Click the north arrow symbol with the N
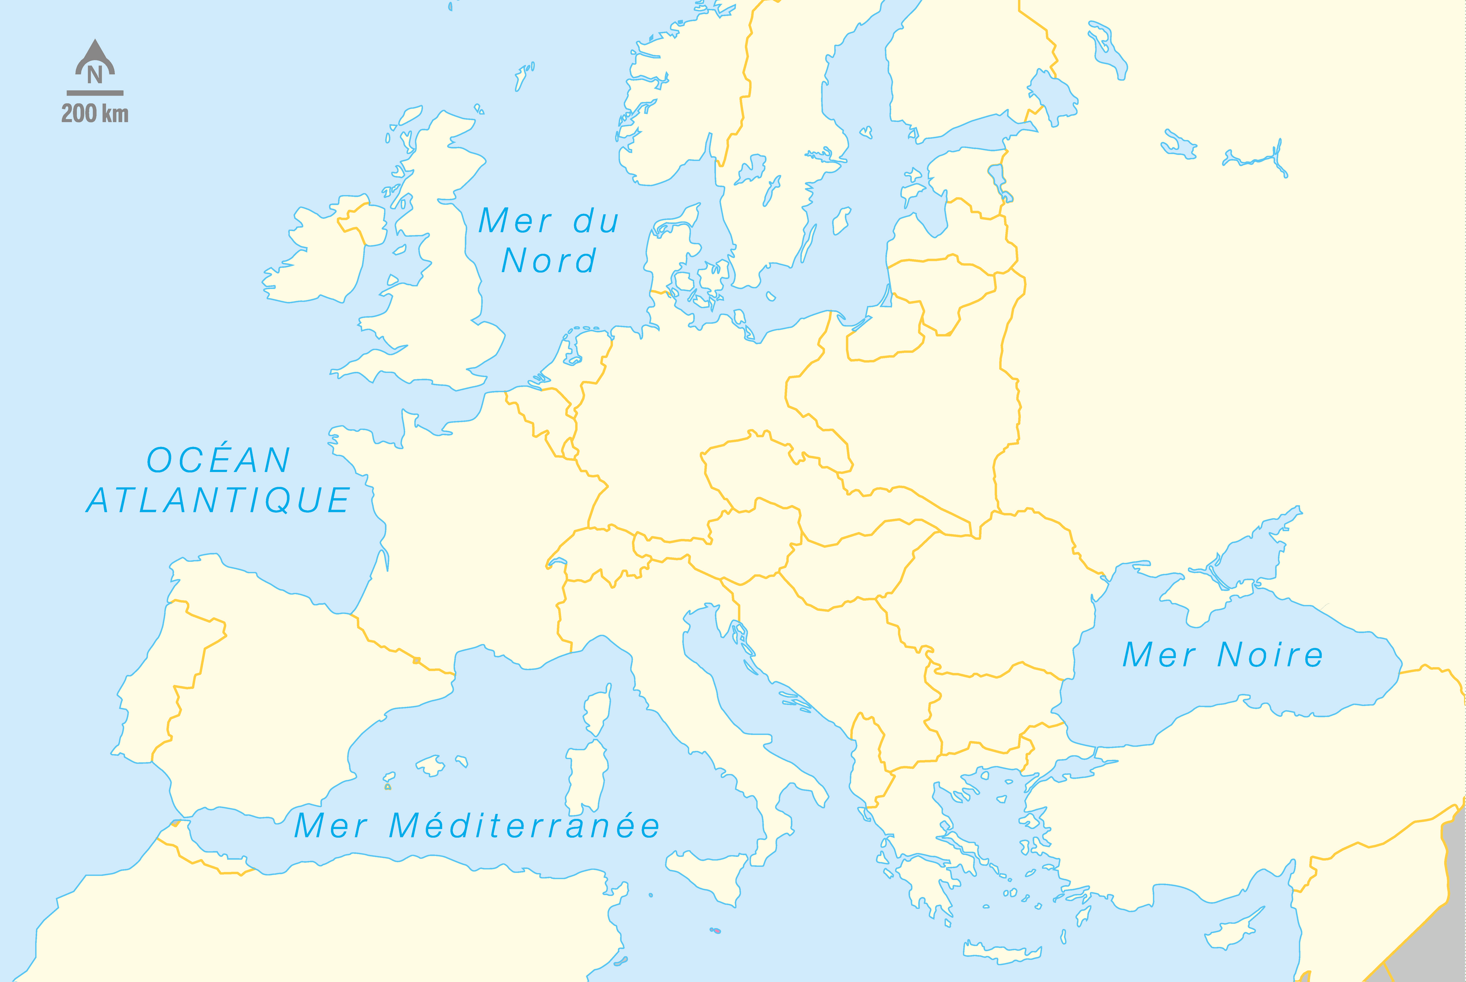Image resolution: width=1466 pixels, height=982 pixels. pos(95,62)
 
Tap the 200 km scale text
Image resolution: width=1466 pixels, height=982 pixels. pos(95,114)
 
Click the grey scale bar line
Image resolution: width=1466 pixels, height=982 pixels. pos(95,93)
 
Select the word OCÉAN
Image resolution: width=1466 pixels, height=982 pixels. pos(218,460)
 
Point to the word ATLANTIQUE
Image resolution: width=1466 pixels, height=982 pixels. pos(218,500)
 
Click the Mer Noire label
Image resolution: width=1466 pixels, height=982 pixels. pos(1222,655)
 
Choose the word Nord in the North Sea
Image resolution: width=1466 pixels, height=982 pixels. pos(549,260)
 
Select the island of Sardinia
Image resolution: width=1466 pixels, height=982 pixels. pos(587,777)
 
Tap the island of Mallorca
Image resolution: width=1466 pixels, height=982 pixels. pos(431,765)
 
